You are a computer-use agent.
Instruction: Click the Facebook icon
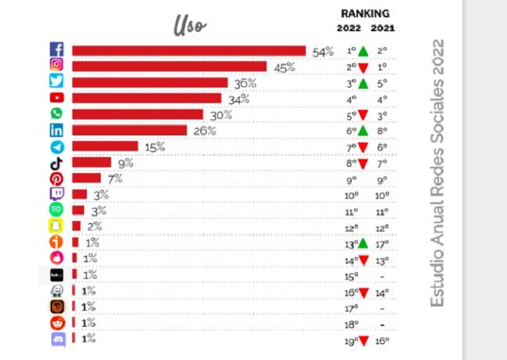(56, 50)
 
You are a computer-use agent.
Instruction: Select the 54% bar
(188, 50)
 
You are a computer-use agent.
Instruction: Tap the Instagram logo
(56, 66)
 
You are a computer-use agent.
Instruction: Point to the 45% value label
(284, 67)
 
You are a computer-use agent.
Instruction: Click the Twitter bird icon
(56, 82)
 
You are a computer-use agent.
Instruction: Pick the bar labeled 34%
(146, 98)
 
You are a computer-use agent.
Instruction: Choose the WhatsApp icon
(56, 114)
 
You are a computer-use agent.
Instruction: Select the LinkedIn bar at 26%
(129, 130)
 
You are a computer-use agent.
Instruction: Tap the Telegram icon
(56, 146)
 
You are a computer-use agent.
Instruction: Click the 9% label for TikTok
(125, 163)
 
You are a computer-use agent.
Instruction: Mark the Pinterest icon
(56, 178)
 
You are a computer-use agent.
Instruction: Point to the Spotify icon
(56, 210)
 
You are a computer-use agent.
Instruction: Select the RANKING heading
(365, 13)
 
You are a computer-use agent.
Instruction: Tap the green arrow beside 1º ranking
(363, 51)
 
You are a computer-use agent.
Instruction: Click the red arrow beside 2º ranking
(363, 67)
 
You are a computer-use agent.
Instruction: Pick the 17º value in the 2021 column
(382, 244)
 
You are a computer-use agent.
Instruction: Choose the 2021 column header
(382, 28)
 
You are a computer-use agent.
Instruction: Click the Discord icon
(56, 338)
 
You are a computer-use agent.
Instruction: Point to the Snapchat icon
(56, 226)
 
